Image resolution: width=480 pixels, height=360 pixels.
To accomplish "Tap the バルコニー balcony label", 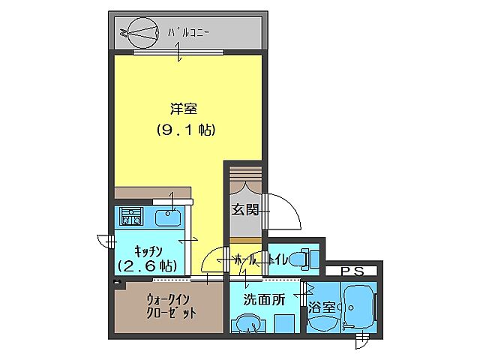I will pyautogui.click(x=188, y=32).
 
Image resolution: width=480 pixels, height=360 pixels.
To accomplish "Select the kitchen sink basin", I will pyautogui.click(x=168, y=218).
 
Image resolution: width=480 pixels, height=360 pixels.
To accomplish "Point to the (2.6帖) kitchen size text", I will pyautogui.click(x=147, y=265).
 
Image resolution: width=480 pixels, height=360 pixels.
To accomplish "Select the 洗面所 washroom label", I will pyautogui.click(x=263, y=299).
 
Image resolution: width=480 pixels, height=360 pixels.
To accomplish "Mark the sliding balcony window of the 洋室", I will pyautogui.click(x=178, y=52).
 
